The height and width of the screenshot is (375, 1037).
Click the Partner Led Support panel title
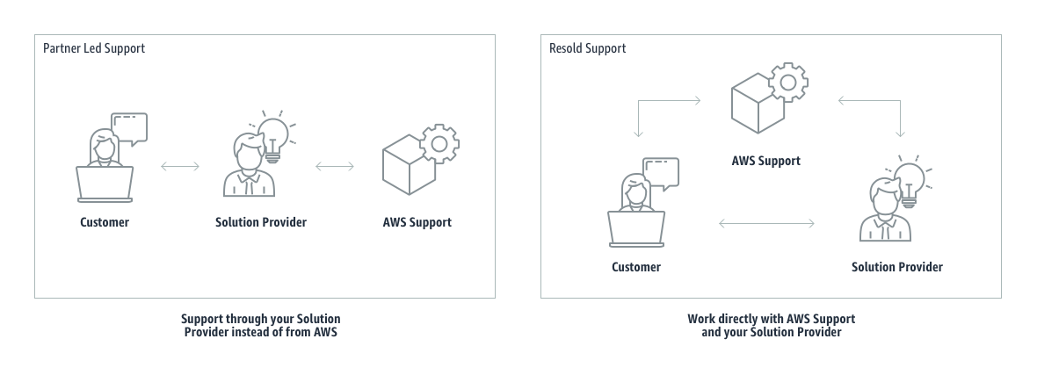click(x=94, y=48)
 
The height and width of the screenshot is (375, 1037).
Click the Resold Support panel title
click(x=587, y=48)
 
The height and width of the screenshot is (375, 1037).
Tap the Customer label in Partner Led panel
click(x=105, y=222)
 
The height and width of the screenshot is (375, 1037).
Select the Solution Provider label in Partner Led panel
click(x=261, y=222)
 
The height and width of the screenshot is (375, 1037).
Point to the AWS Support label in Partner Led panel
click(x=417, y=222)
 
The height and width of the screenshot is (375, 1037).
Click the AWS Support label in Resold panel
click(x=766, y=161)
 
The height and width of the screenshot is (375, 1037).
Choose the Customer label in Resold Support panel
click(x=636, y=266)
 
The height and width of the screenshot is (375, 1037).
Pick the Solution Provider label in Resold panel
click(x=897, y=266)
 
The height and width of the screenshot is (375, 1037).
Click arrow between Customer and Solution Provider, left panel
click(x=180, y=166)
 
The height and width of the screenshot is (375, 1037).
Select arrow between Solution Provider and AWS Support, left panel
click(x=335, y=166)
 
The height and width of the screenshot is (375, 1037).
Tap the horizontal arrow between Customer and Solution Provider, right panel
click(x=766, y=223)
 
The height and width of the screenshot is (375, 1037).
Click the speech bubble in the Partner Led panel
click(x=128, y=128)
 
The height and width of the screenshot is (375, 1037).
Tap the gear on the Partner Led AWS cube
click(x=439, y=143)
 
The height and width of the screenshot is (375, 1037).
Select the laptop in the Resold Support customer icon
click(x=637, y=230)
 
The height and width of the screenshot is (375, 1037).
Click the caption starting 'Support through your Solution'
click(x=261, y=325)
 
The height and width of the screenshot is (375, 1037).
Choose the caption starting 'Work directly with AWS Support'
click(x=771, y=325)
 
